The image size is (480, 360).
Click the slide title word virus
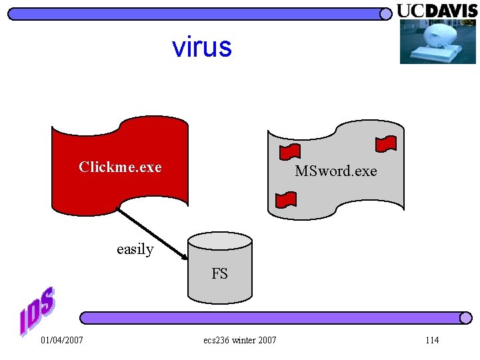tap(201, 47)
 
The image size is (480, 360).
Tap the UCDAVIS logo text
tap(437, 10)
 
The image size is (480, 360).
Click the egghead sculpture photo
tap(437, 41)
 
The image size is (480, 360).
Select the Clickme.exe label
tap(120, 167)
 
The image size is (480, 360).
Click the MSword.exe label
tap(336, 171)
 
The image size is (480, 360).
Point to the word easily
tap(135, 249)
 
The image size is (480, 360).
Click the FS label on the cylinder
tap(219, 273)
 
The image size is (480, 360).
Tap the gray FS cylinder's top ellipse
tap(220, 241)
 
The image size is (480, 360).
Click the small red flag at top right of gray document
tap(386, 143)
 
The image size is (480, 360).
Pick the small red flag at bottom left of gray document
tap(286, 199)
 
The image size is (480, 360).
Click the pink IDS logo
tap(37, 310)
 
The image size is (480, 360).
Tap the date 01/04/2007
tap(61, 341)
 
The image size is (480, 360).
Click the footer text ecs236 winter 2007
tap(239, 341)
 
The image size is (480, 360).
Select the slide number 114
tap(432, 341)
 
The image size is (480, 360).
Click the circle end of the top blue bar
tap(385, 14)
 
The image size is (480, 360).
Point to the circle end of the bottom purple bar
tap(465, 318)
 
